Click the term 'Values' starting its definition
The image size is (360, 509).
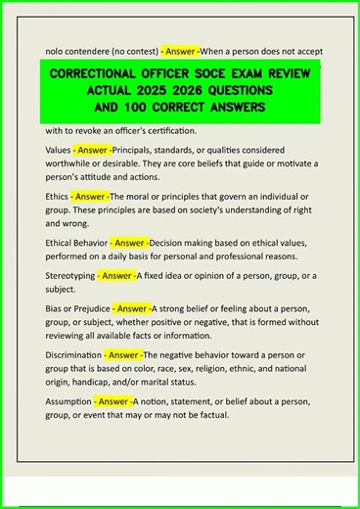[58, 150]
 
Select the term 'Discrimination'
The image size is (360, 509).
[74, 354]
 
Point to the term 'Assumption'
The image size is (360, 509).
[68, 401]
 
